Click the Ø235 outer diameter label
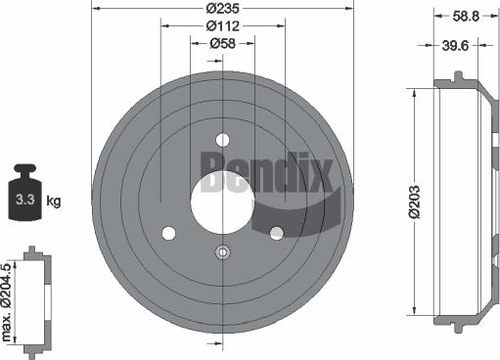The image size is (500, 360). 222,9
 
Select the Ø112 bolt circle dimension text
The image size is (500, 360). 222,26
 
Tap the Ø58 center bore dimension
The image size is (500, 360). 222,43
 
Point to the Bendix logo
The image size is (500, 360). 266,171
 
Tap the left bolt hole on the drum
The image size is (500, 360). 168,232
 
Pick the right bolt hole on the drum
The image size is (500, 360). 276,232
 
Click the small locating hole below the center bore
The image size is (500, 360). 222,253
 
